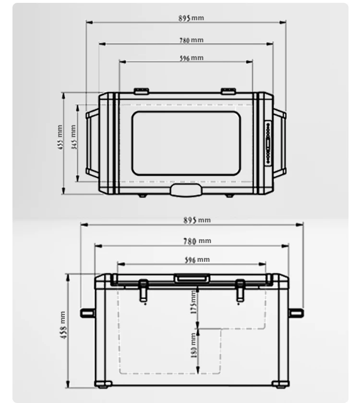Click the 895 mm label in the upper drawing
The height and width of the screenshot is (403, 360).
click(192, 18)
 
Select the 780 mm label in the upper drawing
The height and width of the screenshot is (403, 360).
click(192, 40)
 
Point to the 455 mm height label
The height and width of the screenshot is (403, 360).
click(60, 137)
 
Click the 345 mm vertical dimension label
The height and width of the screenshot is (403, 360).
click(74, 137)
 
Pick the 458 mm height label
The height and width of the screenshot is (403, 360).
click(63, 325)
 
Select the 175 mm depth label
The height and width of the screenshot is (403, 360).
click(193, 302)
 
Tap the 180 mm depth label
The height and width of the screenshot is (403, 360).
click(193, 345)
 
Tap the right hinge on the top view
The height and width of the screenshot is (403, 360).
click(228, 91)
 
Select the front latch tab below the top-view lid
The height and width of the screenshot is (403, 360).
click(186, 191)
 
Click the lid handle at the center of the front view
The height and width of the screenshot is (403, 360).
click(192, 278)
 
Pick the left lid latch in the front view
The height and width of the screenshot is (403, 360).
click(143, 291)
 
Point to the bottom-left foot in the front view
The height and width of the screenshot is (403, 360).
click(103, 384)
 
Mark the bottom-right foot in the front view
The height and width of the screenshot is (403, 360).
click(280, 384)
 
